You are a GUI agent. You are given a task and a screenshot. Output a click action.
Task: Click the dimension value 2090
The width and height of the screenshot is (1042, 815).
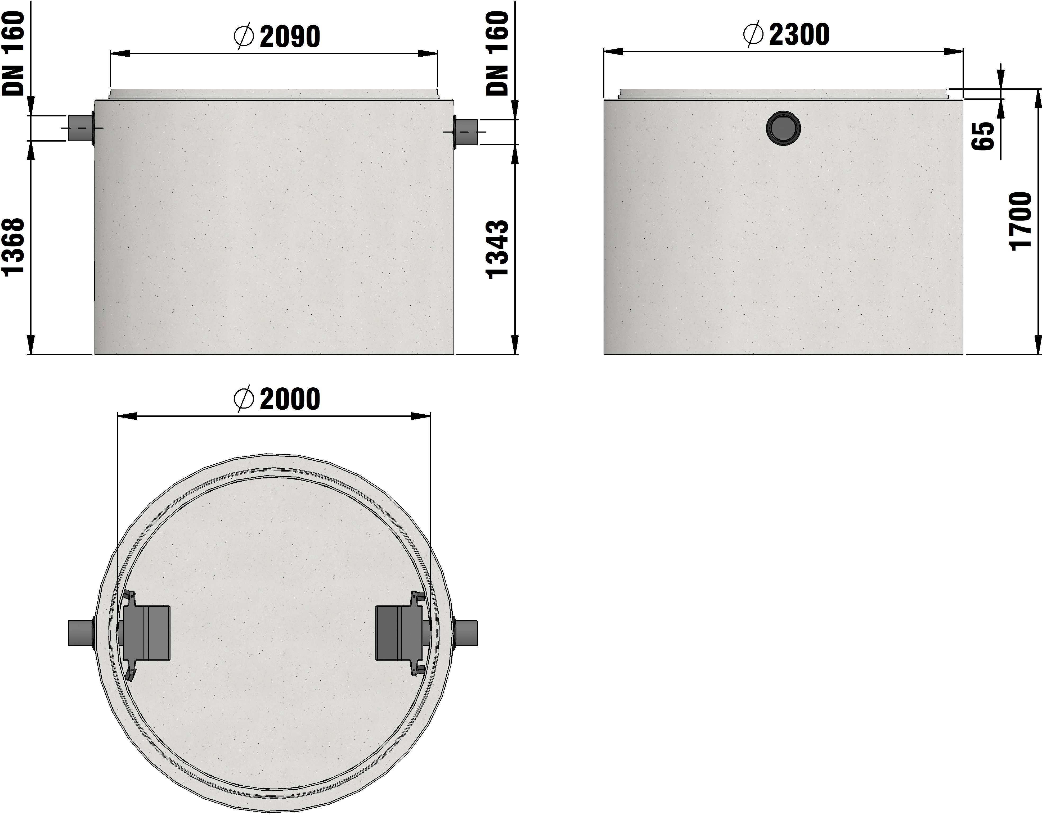pyautogui.click(x=290, y=37)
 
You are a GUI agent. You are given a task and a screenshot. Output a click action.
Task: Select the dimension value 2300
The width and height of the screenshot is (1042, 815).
pyautogui.click(x=799, y=35)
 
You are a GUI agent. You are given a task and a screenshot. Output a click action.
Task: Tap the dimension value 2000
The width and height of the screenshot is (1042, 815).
pyautogui.click(x=290, y=399)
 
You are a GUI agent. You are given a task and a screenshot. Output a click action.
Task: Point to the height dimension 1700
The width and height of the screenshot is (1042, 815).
pyautogui.click(x=1021, y=221)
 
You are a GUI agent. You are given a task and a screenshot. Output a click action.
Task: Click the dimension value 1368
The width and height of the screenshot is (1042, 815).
pyautogui.click(x=13, y=247)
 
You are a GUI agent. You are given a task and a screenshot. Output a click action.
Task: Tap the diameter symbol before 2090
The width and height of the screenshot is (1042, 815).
pyautogui.click(x=244, y=37)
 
